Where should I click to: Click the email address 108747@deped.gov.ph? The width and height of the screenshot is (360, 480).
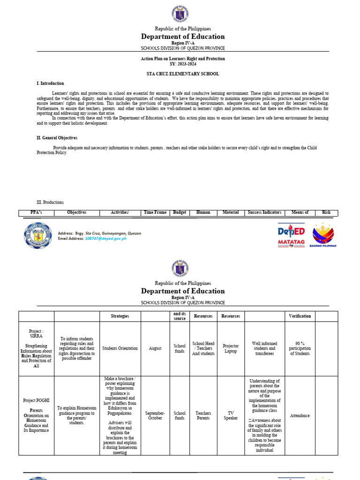105,239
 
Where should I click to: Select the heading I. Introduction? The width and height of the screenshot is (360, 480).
50,83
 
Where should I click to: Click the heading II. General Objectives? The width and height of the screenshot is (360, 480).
57,138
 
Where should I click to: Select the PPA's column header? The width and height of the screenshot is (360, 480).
36,212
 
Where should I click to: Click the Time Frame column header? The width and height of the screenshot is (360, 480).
155,212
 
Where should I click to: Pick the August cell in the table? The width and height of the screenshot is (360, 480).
155,348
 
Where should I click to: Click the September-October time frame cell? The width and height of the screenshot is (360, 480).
155,415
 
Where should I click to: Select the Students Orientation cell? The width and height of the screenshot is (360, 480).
120,348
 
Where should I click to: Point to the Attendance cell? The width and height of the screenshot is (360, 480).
300,415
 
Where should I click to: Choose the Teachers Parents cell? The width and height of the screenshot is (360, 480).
203,415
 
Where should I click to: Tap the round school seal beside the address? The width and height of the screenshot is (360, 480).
37,235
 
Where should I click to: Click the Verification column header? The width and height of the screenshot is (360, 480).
300,316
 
